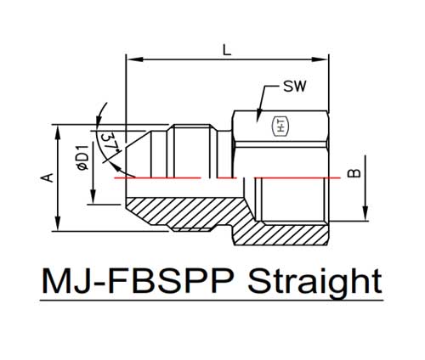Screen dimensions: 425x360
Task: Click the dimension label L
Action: (x=227, y=50)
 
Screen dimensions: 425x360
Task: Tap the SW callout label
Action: (x=295, y=87)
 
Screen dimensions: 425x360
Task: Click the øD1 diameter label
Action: (x=82, y=157)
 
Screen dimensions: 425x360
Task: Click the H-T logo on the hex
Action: (x=280, y=127)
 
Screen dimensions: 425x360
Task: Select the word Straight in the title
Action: (x=314, y=282)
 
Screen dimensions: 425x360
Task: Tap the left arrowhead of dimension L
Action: (x=134, y=59)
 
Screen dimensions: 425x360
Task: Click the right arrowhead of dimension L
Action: (x=320, y=59)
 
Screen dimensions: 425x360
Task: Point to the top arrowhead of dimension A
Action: (x=58, y=132)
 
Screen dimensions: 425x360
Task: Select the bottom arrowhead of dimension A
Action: (x=58, y=223)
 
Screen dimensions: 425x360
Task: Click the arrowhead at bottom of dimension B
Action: (x=365, y=213)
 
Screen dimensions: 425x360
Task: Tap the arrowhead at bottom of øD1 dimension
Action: (x=93, y=196)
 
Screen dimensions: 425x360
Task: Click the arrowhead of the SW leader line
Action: (x=258, y=115)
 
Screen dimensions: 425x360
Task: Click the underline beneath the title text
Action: (x=212, y=301)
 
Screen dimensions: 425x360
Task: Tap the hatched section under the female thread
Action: (x=280, y=233)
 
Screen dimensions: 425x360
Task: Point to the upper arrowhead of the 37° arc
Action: (x=99, y=119)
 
